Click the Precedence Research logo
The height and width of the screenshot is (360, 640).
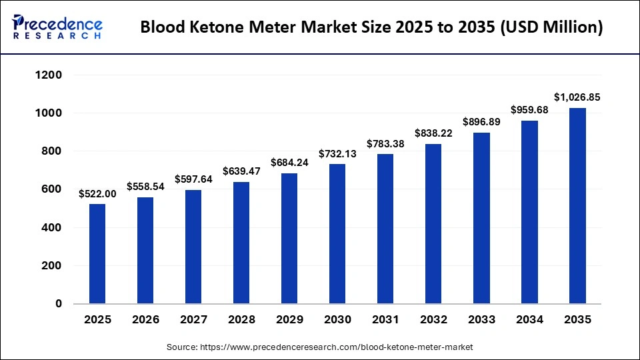click(x=57, y=27)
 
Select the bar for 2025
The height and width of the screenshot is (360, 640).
click(x=97, y=253)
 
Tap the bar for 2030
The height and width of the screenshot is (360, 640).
click(x=337, y=233)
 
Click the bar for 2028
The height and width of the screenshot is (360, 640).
click(x=241, y=243)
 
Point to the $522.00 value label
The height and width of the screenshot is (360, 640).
click(x=97, y=193)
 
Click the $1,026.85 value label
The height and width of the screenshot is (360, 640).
click(x=577, y=97)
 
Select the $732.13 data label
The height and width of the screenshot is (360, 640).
click(x=337, y=153)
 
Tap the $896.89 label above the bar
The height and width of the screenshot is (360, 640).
click(x=481, y=122)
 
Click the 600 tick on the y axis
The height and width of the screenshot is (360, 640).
click(x=53, y=189)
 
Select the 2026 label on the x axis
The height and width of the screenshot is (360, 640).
click(x=145, y=320)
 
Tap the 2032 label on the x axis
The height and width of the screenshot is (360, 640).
click(x=433, y=320)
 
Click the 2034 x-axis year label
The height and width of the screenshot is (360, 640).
click(x=529, y=320)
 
